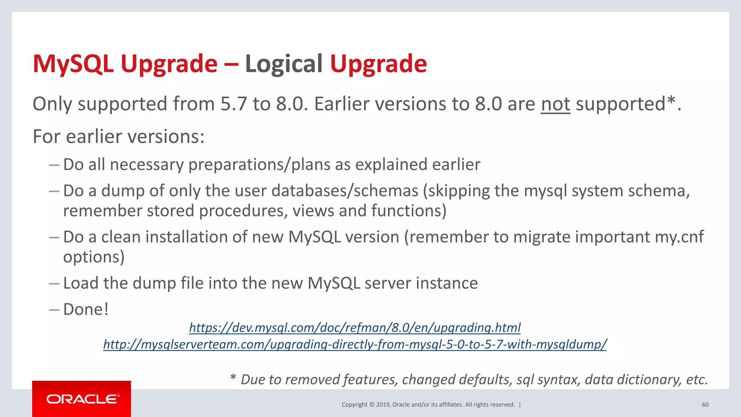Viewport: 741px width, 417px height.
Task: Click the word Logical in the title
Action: [284, 64]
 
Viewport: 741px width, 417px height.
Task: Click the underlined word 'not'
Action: [555, 104]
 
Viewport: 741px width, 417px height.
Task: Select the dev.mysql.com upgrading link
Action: [355, 328]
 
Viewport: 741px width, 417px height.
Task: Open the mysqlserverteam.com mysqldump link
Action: [355, 344]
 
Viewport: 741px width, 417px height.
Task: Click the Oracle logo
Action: [82, 399]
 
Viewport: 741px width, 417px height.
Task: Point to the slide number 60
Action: [705, 405]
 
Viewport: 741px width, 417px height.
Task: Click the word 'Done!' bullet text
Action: [86, 309]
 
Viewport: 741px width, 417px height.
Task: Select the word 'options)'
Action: [94, 257]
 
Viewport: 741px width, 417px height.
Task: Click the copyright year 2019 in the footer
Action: [383, 405]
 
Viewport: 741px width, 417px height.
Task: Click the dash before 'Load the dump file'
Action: [54, 283]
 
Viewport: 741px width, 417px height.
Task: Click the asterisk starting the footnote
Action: [233, 378]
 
